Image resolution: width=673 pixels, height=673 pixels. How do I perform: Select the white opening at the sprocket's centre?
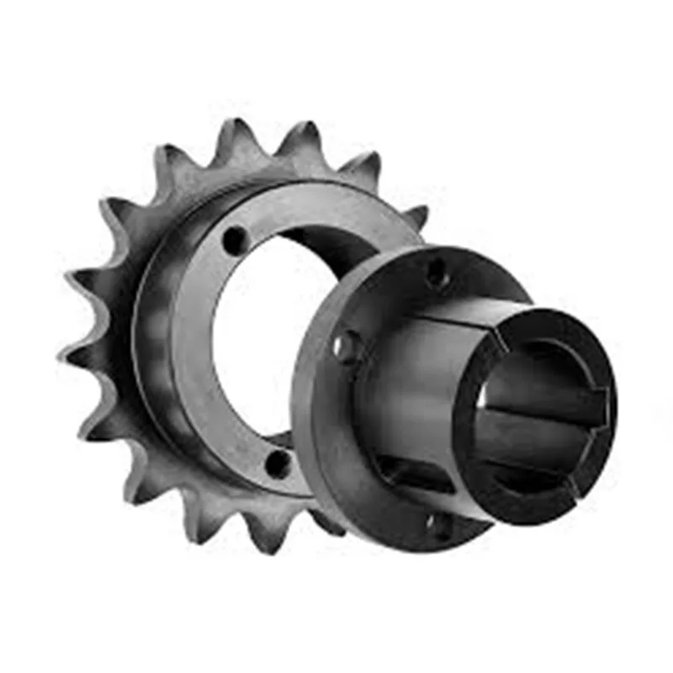(252, 336)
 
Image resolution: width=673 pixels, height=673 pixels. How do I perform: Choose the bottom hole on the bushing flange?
(438, 525)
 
